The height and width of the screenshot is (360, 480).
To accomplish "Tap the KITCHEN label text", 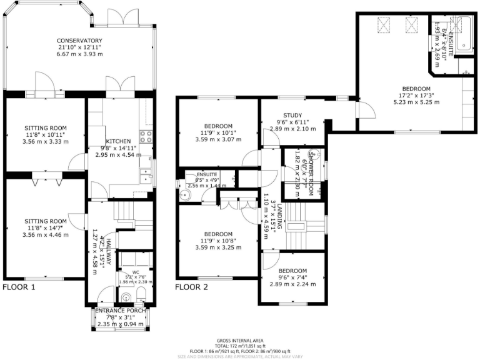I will pyautogui.click(x=117, y=141).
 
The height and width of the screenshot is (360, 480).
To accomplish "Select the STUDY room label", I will pyautogui.click(x=292, y=115).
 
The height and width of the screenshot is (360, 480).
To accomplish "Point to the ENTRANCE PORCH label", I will pyautogui.click(x=121, y=311).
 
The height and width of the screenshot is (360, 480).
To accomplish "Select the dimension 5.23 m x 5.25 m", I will pyautogui.click(x=416, y=102).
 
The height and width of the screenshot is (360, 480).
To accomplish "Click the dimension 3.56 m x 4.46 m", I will pyautogui.click(x=44, y=235).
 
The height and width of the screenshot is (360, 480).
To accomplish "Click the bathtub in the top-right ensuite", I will pyautogui.click(x=462, y=35).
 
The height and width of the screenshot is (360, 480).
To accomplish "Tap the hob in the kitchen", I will pyautogui.click(x=146, y=136).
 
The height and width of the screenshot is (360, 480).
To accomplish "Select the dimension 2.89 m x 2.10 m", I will pyautogui.click(x=292, y=129).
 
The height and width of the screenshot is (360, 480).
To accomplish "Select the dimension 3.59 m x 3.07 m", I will pyautogui.click(x=217, y=139).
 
